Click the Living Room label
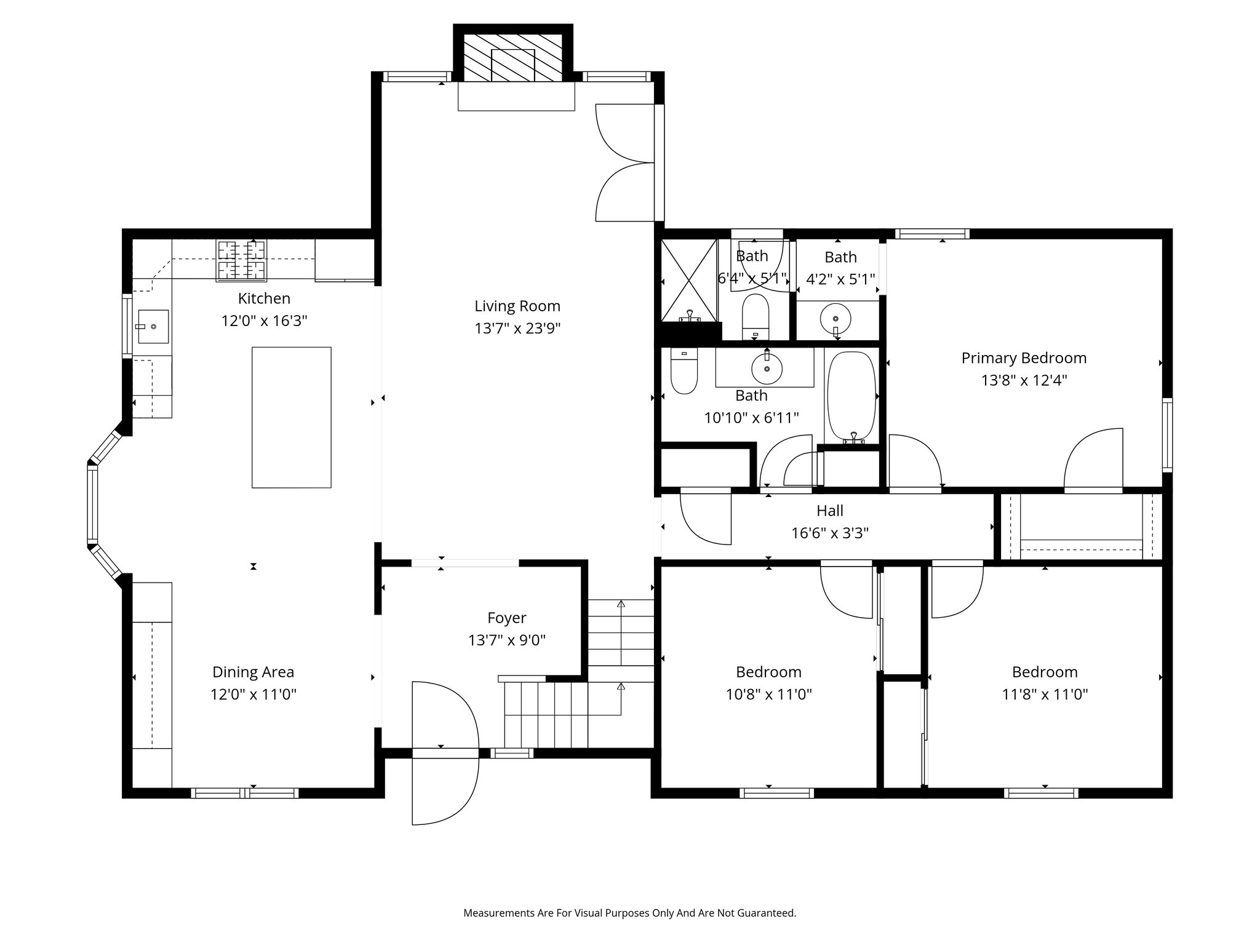click(517, 306)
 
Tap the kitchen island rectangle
click(292, 417)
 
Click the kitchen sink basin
click(153, 327)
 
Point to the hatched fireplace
click(513, 57)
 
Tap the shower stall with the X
click(689, 281)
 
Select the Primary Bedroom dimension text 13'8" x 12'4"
click(1024, 380)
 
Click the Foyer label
click(507, 618)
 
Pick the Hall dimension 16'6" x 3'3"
click(830, 533)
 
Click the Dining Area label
click(253, 672)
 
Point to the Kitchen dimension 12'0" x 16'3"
click(265, 321)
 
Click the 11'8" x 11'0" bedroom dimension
click(1045, 694)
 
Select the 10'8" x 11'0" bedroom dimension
click(769, 694)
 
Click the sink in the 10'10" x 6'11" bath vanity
click(767, 369)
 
